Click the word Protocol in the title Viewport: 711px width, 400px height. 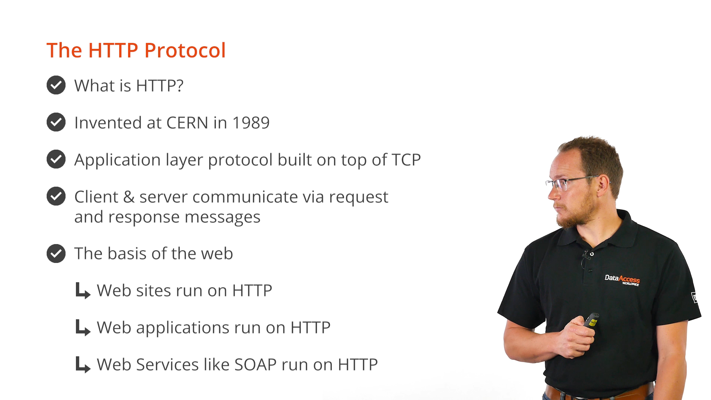click(185, 50)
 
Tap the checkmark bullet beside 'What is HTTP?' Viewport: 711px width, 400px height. click(56, 85)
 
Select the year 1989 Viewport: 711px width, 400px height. click(251, 123)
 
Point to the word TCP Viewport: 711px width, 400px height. click(406, 160)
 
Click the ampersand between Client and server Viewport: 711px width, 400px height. click(129, 197)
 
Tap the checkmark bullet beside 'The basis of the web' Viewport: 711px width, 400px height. click(56, 253)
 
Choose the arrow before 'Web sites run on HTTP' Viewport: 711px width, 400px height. click(83, 291)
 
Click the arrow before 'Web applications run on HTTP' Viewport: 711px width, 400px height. click(83, 328)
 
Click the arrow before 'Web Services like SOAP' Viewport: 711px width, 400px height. click(83, 365)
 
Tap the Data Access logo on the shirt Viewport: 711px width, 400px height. click(622, 280)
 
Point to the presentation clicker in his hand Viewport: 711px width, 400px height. click(591, 320)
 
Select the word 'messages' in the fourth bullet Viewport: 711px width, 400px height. click(223, 217)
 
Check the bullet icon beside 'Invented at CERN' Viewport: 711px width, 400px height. click(56, 122)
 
